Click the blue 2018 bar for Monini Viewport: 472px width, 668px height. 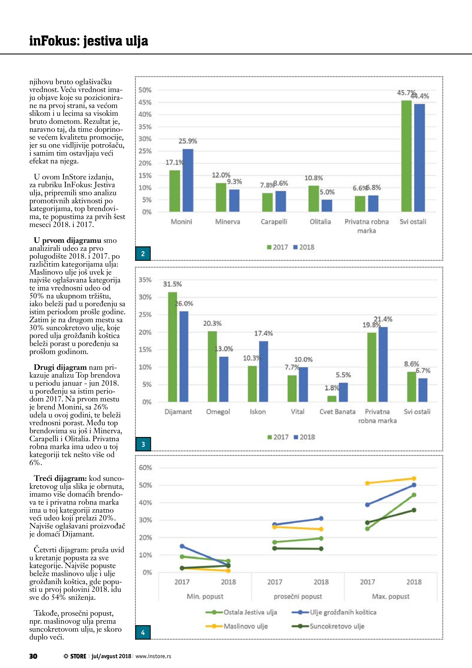188,180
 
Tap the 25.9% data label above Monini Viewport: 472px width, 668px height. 188,141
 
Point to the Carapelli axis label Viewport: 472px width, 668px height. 274,222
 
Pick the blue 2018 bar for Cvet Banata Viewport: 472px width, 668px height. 343,392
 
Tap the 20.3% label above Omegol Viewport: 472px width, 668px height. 212,323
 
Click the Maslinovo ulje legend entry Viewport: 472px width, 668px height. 246,626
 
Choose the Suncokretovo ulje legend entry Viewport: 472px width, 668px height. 337,626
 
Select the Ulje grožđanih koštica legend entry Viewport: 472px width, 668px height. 343,612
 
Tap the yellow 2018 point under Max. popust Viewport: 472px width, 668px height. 414,479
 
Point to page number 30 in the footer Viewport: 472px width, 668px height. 33,656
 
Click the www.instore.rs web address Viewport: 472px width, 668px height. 153,656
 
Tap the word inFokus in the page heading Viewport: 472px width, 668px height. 54,41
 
